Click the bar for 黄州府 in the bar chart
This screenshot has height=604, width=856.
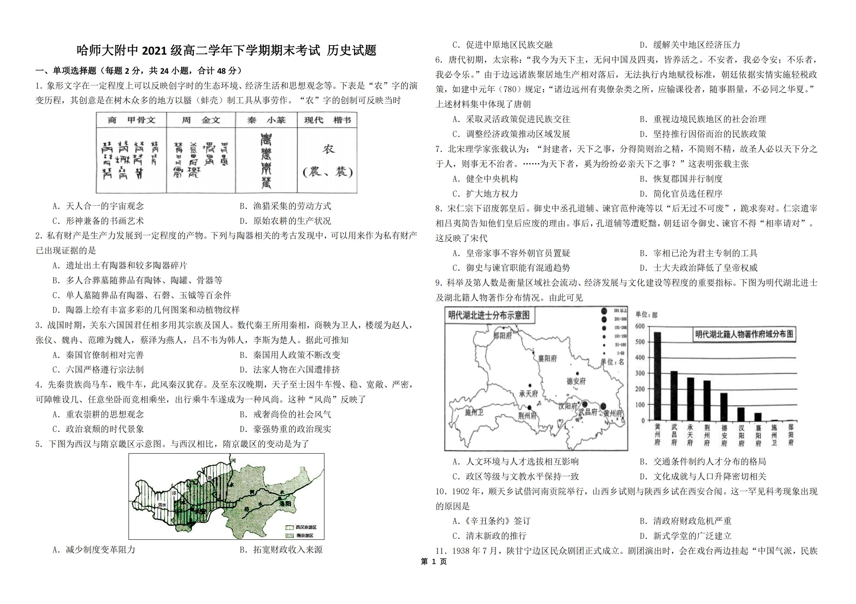click(657, 376)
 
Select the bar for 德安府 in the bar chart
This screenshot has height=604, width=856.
click(724, 407)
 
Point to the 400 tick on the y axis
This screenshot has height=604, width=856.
click(640, 358)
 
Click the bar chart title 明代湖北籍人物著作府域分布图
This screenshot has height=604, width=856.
click(744, 334)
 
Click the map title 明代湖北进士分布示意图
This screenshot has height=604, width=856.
click(489, 315)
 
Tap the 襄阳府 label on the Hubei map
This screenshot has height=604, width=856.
click(547, 359)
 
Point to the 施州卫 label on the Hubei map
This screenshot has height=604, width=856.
click(474, 412)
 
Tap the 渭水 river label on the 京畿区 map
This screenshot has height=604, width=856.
click(162, 505)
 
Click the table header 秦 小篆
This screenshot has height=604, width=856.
click(266, 120)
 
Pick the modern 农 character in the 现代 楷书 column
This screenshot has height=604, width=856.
click(328, 149)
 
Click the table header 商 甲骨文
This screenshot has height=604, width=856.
click(131, 120)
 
